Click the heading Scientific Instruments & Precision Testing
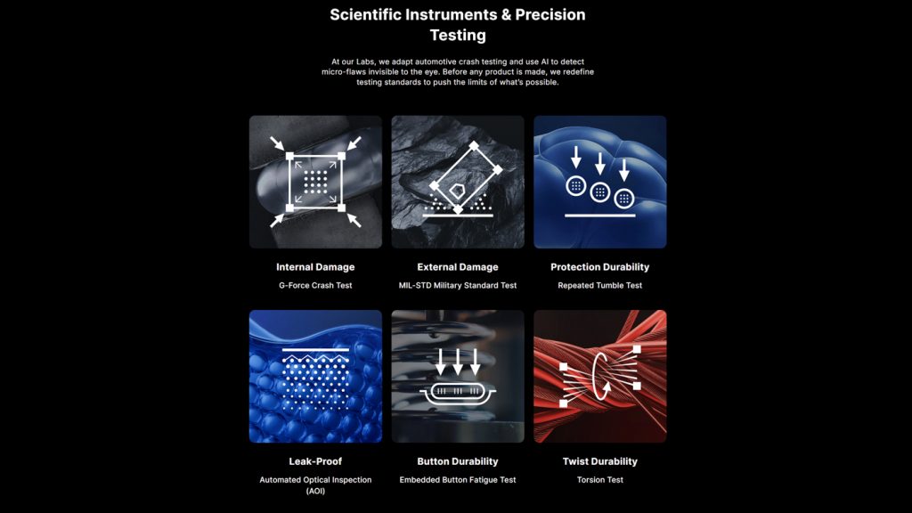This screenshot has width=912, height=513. (x=458, y=24)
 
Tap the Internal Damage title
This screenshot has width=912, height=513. (x=315, y=267)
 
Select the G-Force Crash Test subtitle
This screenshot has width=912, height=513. (x=315, y=286)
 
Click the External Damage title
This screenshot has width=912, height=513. (x=458, y=267)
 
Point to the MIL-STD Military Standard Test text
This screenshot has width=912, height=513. (x=458, y=286)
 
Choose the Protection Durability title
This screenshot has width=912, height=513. (x=599, y=267)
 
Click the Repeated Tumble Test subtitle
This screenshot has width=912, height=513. (x=599, y=286)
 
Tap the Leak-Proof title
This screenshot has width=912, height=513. (x=315, y=461)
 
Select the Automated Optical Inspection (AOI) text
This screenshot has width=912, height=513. (x=315, y=485)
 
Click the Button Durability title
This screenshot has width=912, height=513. (x=458, y=461)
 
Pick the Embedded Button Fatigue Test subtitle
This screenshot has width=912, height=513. (x=458, y=480)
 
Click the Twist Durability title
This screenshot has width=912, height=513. (x=599, y=461)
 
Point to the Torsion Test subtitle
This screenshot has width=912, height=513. (x=599, y=480)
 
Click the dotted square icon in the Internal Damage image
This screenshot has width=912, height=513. (x=315, y=182)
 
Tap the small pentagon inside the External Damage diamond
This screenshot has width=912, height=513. (x=457, y=191)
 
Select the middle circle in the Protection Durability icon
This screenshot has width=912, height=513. (x=599, y=192)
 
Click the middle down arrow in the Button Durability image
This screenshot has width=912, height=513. (x=458, y=362)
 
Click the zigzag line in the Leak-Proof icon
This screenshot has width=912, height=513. (x=315, y=358)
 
